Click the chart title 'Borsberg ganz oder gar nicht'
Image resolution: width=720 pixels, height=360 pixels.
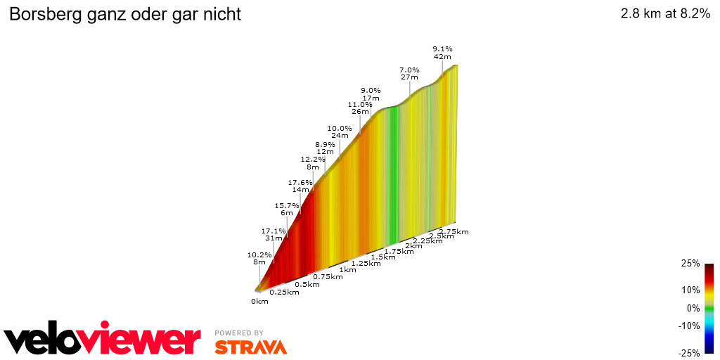click(124, 15)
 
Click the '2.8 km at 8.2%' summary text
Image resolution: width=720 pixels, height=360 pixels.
click(665, 15)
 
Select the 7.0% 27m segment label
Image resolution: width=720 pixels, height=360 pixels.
click(409, 73)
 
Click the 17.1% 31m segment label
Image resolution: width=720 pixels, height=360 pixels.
click(274, 234)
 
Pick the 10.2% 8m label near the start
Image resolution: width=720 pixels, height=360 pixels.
click(259, 258)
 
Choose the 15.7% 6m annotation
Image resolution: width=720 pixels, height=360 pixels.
click(286, 210)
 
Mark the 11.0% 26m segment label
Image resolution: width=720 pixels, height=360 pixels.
click(360, 108)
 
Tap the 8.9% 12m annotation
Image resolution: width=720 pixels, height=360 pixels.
click(325, 148)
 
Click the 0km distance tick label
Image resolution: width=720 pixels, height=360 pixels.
click(259, 302)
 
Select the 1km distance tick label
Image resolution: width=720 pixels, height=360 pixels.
click(347, 269)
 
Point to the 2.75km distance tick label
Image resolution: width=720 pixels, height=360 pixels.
click(454, 231)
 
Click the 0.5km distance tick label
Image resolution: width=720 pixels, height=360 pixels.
click(308, 284)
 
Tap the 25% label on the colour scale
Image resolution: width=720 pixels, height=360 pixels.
click(690, 264)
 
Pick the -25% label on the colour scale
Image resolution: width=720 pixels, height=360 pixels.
click(689, 353)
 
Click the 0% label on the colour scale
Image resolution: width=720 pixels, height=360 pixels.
click(693, 308)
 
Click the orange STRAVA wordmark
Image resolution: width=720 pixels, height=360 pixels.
click(250, 347)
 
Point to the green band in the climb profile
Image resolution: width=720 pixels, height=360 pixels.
click(394, 169)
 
